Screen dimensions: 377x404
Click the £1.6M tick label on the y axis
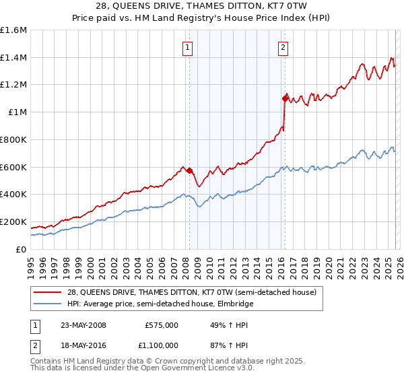[x=13, y=30]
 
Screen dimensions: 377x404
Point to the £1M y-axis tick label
[x=18, y=112]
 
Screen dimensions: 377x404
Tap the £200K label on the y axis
[x=13, y=221]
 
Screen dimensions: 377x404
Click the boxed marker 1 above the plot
[x=187, y=47]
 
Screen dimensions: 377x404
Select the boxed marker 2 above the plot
[x=283, y=47]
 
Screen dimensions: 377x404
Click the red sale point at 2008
[x=189, y=170]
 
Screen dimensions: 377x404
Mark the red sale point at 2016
[x=285, y=99]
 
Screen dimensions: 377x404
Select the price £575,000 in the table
[x=162, y=325]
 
